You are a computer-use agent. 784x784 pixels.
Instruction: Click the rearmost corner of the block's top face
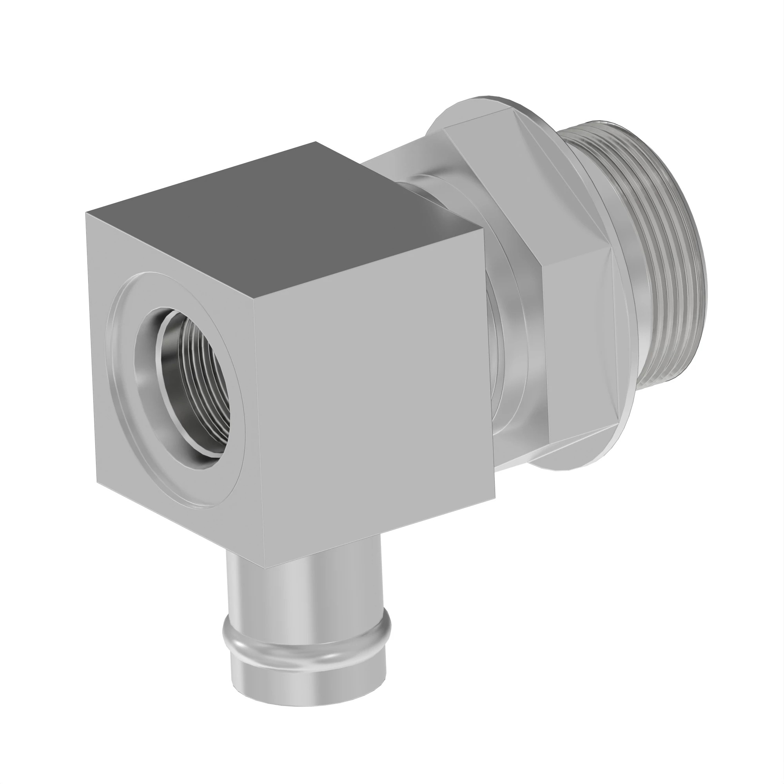pos(316,142)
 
